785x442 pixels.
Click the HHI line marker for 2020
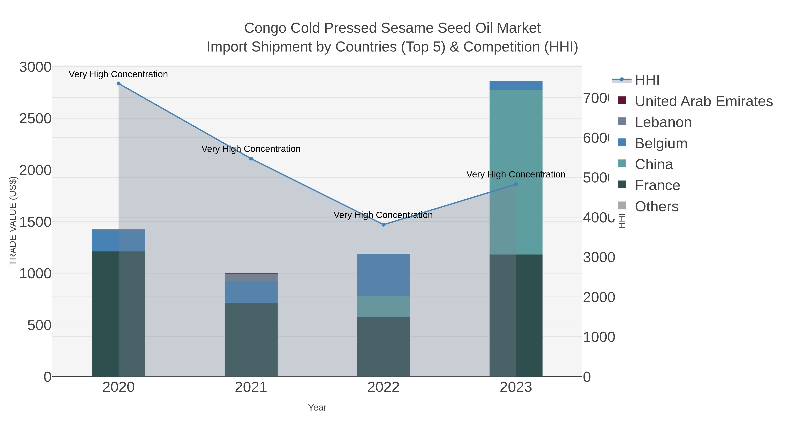pos(119,84)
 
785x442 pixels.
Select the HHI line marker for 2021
pos(251,159)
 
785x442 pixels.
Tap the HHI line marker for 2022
pos(383,225)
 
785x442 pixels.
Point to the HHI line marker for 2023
pos(516,184)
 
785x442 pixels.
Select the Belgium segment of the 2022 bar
pos(383,275)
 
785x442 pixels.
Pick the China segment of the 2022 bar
pos(383,307)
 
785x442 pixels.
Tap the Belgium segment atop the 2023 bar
pos(516,85)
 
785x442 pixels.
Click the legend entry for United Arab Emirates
pos(704,101)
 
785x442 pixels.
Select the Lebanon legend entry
pos(663,122)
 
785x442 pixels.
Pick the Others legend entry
pos(656,206)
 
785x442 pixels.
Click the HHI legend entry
pos(647,80)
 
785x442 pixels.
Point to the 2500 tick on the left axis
pos(35,119)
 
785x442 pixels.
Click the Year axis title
pos(317,408)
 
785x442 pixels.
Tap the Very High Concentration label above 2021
pos(251,149)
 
